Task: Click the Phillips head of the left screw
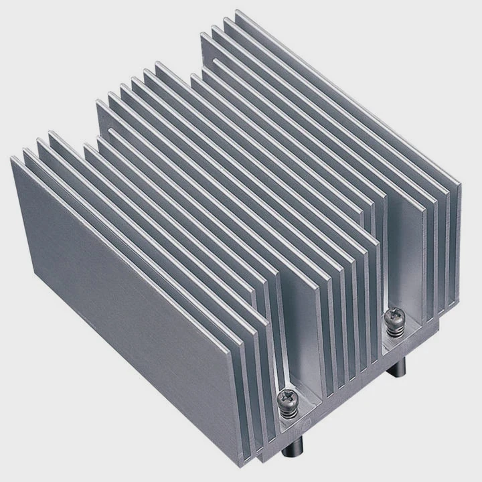286,398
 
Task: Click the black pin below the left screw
296,447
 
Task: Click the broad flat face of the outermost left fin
120,301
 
